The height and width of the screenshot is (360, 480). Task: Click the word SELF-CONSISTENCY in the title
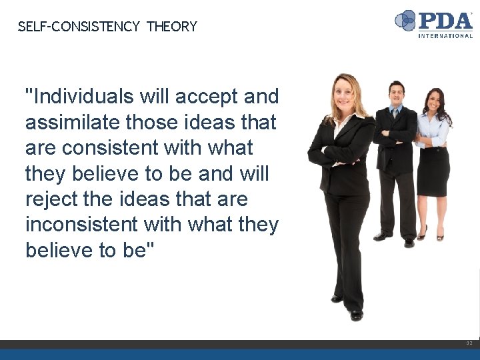79,27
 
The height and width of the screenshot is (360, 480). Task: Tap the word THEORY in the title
172,27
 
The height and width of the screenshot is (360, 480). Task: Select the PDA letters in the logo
445,20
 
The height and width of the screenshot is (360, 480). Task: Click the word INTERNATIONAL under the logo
445,35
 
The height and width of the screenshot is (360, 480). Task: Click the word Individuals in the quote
80,97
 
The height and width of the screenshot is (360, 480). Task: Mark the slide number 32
469,343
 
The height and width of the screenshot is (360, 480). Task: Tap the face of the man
397,92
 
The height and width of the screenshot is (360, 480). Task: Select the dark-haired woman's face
435,101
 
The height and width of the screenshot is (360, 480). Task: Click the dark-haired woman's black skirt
433,170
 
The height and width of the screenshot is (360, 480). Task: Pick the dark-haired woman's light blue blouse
433,130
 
